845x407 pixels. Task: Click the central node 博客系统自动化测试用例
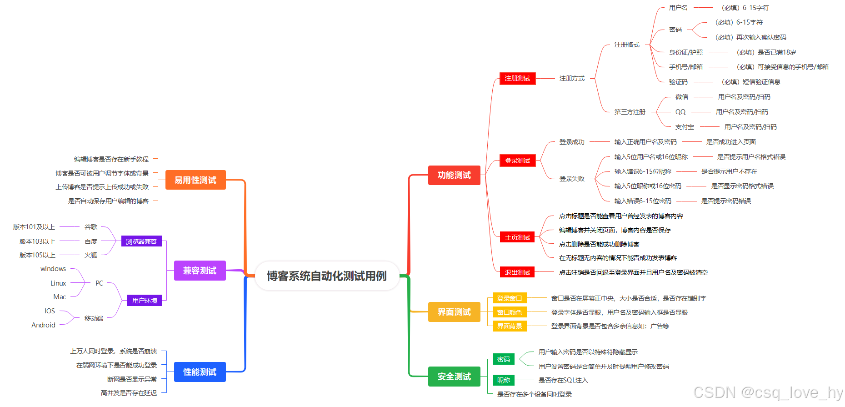[326, 276]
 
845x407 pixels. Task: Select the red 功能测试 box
[454, 175]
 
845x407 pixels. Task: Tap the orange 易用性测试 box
[195, 180]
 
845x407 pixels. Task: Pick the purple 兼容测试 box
[200, 271]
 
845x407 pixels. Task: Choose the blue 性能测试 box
[200, 372]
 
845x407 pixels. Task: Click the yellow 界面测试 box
[454, 312]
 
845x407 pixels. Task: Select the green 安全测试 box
[454, 377]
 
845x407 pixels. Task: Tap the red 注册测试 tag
[517, 78]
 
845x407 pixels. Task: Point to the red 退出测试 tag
[517, 272]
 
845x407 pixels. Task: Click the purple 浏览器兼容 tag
[141, 241]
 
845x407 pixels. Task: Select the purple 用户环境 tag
[145, 301]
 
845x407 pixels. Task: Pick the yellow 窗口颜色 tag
[510, 312]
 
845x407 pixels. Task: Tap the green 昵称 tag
[504, 380]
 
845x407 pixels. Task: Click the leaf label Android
[43, 325]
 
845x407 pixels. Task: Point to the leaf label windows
[53, 269]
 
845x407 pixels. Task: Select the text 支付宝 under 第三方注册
[685, 127]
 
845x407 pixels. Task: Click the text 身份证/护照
[685, 52]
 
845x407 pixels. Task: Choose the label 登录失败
[572, 179]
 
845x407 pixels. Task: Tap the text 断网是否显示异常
[132, 379]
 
